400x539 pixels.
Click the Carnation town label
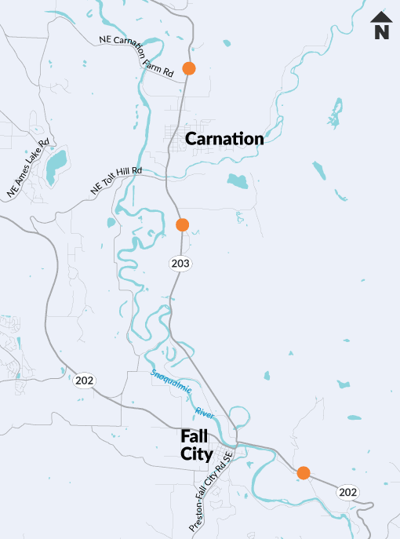pyautogui.click(x=224, y=139)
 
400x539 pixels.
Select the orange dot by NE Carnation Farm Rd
pyautogui.click(x=189, y=68)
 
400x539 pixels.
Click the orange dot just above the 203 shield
pyautogui.click(x=182, y=225)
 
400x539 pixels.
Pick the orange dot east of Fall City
pyautogui.click(x=304, y=472)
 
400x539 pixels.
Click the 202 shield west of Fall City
pyautogui.click(x=85, y=381)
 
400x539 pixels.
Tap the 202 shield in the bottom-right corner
pyautogui.click(x=348, y=492)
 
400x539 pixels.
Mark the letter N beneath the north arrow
pyautogui.click(x=382, y=33)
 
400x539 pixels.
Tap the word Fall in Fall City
pyautogui.click(x=193, y=435)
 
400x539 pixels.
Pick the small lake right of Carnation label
pyautogui.click(x=237, y=181)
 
